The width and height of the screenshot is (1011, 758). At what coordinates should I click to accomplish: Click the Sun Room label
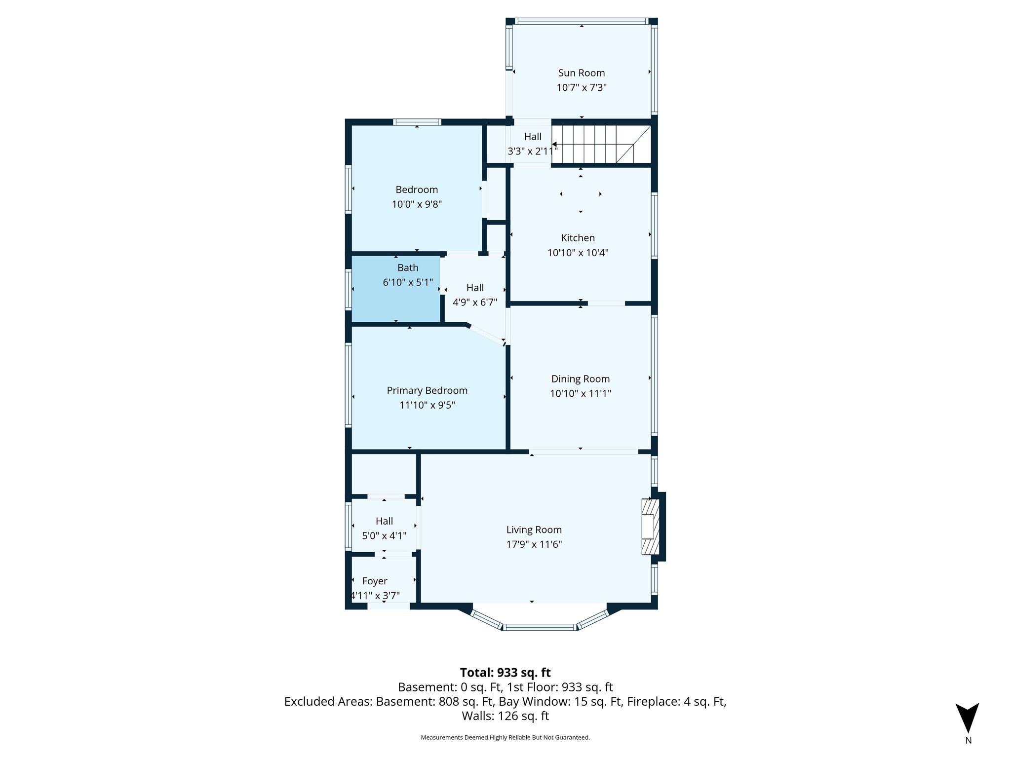pos(581,73)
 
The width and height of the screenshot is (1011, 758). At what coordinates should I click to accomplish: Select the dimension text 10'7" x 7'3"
pos(581,88)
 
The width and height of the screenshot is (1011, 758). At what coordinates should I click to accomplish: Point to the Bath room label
pos(408,268)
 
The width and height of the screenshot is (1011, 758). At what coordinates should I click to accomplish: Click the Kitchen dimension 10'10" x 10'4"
pos(578,253)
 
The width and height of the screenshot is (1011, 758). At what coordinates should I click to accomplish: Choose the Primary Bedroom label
pos(427,391)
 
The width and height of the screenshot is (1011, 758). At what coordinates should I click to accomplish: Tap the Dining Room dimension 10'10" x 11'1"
pos(581,394)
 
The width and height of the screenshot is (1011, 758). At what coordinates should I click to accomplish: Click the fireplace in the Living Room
pos(650,527)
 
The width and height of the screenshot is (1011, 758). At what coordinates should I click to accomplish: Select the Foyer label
pos(375,581)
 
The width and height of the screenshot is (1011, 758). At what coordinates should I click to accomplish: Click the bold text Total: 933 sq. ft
pos(505,673)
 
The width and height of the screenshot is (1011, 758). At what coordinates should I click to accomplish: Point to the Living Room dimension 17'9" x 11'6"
pos(534,545)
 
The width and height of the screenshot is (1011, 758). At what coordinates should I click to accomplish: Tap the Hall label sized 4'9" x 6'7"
pos(475,288)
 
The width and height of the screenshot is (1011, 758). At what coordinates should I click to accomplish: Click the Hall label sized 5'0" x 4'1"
pos(384,521)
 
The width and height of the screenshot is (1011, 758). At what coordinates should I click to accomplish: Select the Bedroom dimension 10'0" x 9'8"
pos(417,204)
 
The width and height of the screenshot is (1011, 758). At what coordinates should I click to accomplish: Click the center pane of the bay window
pos(540,627)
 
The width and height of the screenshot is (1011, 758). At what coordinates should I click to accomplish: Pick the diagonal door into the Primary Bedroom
pos(486,334)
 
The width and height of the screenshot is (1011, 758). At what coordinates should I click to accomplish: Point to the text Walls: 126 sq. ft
pos(505,716)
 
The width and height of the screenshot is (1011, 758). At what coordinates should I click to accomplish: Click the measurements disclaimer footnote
pos(505,738)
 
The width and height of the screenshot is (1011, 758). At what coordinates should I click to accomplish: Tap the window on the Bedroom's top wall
pos(417,122)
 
